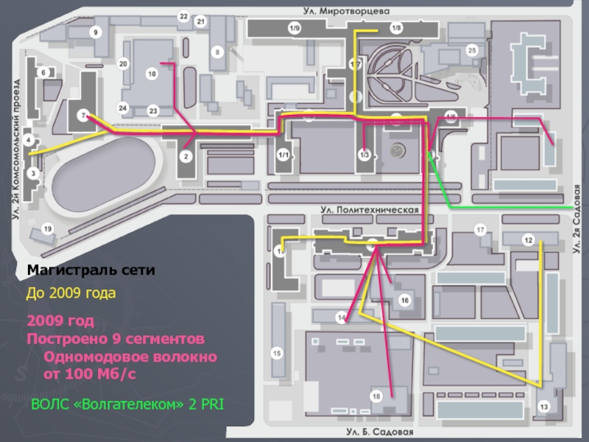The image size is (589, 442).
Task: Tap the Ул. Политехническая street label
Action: pos(370,210)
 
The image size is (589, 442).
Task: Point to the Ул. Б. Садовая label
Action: pos(381,432)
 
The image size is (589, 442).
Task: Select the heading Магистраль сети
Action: pos(91,270)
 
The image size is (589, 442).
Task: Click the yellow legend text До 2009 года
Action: pos(71,293)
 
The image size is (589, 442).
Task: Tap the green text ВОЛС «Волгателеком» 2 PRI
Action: pos(127,404)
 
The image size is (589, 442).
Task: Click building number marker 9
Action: pos(95,32)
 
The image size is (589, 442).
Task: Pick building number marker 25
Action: pos(472,50)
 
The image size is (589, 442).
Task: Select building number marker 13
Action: pos(544,407)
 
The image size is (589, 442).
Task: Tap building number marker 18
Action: pos(377,397)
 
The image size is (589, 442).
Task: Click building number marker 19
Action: pos(48,230)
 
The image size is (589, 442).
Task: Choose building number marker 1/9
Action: pos(294,28)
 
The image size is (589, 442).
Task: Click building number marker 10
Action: pos(152,74)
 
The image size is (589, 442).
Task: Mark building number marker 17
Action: pos(481,231)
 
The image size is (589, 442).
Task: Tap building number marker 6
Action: pos(43,72)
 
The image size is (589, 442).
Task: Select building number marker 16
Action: pos(404,300)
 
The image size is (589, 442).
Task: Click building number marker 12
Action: pos(528,239)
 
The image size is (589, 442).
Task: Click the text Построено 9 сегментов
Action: pos(115,339)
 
